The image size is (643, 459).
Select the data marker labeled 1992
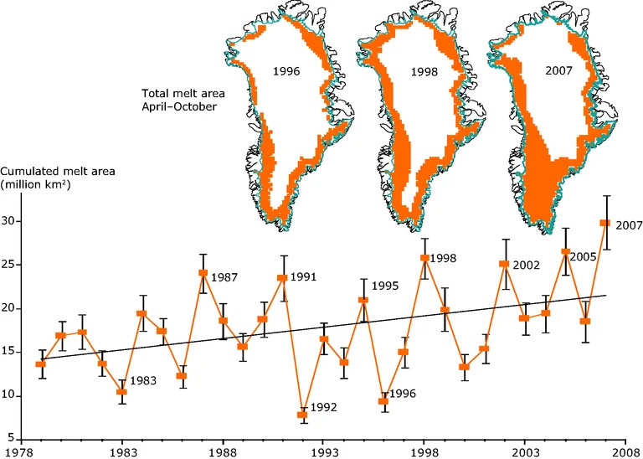click(x=303, y=415)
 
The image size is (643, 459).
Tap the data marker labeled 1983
click(x=122, y=391)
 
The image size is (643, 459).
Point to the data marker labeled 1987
click(x=203, y=273)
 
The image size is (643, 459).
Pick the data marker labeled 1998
click(x=424, y=258)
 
